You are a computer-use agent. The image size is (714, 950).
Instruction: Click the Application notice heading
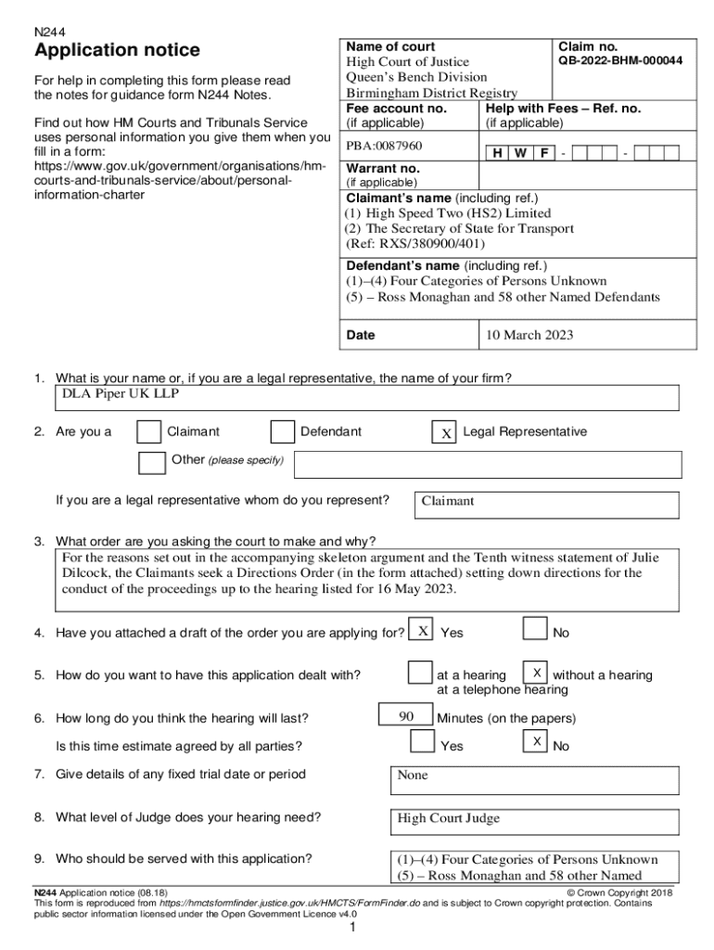point(117,50)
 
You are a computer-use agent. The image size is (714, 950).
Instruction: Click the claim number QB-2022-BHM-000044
point(620,61)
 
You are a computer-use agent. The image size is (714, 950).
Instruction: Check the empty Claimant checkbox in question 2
point(148,432)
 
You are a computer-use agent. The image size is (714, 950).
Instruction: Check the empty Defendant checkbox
point(282,432)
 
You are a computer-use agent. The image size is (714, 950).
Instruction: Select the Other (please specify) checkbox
point(151,462)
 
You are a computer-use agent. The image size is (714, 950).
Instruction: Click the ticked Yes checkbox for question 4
point(422,631)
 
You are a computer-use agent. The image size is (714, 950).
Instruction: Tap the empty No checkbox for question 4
point(534,629)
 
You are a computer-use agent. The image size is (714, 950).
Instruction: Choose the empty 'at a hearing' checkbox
point(420,672)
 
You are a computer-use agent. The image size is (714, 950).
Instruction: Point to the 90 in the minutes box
point(406,716)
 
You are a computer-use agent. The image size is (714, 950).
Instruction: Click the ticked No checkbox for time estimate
point(536,741)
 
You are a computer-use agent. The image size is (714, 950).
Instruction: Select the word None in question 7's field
point(413,775)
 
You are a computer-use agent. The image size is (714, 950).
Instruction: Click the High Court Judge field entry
point(449,818)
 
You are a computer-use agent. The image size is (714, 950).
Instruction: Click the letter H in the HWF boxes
point(499,152)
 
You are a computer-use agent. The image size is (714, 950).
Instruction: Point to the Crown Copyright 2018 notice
point(619,892)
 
